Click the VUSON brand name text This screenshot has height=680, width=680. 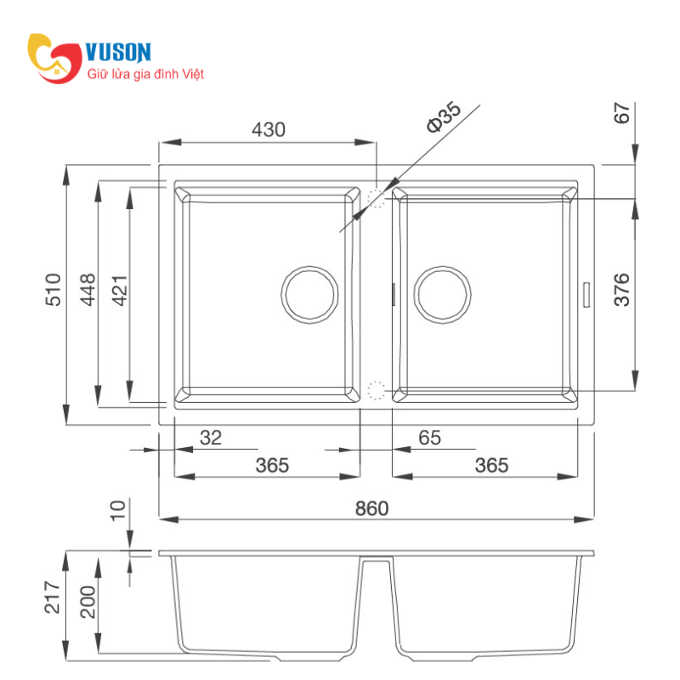click(x=118, y=53)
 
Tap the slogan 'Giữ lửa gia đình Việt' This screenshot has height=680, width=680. click(x=145, y=74)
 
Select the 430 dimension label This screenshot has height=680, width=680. click(x=269, y=130)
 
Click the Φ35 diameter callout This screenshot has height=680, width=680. click(x=444, y=116)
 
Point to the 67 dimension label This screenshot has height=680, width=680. click(x=622, y=113)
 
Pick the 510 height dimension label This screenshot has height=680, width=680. click(x=53, y=290)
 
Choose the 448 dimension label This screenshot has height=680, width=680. click(x=88, y=290)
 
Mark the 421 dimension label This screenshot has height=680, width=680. click(x=119, y=290)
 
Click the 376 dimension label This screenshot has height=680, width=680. click(x=622, y=290)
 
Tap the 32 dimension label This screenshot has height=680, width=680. click(x=211, y=438)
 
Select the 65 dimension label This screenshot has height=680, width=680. click(x=430, y=438)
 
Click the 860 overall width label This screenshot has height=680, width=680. click(x=371, y=508)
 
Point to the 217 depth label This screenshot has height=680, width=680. click(x=53, y=598)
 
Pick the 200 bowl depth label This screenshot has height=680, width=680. click(x=88, y=602)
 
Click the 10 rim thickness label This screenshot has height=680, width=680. click(x=117, y=510)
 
